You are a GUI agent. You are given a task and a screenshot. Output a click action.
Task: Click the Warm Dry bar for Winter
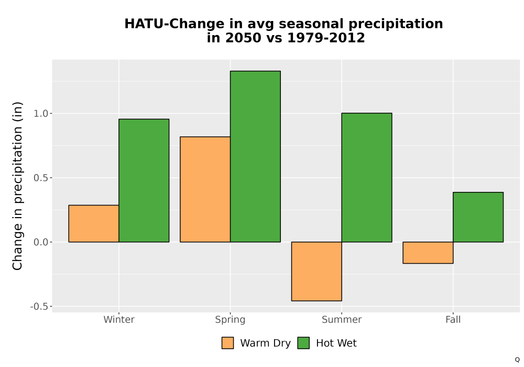coord(94,223)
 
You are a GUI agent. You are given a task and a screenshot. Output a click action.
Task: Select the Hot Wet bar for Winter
coord(144,180)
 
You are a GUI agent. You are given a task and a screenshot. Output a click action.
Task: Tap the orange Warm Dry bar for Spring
coord(205,189)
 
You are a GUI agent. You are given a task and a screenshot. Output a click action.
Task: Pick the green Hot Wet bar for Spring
coord(255,156)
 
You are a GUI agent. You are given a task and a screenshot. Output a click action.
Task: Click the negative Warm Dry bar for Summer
coord(316,272)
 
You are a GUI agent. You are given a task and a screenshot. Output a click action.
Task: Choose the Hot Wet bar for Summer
coord(367,178)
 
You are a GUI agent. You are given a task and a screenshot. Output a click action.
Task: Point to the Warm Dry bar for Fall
coord(428,253)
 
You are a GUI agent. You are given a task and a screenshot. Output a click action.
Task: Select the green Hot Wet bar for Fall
coord(478,217)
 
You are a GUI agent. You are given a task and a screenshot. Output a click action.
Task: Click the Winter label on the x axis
coord(119,319)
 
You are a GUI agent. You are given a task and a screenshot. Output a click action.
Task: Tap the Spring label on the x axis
coord(230,320)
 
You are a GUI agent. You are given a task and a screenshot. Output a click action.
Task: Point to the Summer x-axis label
coord(342,319)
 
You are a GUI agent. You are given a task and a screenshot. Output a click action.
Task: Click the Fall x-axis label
coord(453,319)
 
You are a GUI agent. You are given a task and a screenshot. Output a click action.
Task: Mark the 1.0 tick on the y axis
coord(41,114)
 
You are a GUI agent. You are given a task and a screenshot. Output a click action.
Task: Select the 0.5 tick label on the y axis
coord(41,178)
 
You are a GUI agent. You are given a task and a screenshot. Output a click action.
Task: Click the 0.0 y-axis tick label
coord(41,242)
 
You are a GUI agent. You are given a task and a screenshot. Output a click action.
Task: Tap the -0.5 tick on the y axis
coord(39,307)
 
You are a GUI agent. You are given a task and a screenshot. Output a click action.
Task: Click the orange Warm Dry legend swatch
coord(227,343)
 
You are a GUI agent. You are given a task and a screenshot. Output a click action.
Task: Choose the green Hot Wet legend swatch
coord(303,343)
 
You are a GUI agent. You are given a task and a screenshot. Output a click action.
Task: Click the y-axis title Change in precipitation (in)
coord(17,186)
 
